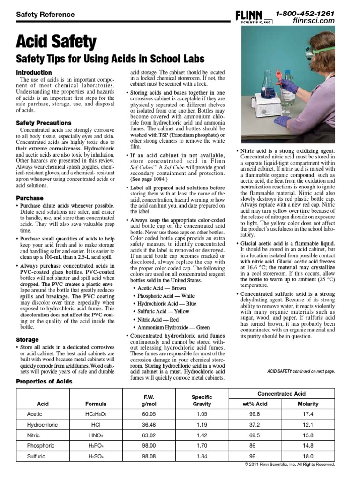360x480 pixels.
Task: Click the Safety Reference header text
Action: (x=45, y=15)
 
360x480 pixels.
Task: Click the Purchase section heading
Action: (x=30, y=198)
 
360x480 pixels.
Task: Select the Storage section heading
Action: (x=27, y=339)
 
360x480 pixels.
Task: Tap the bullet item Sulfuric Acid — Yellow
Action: (x=163, y=311)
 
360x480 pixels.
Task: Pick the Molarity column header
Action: (x=308, y=404)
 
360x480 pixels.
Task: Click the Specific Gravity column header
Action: (x=202, y=400)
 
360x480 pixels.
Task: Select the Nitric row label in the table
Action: (x=35, y=435)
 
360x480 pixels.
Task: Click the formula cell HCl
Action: (x=96, y=425)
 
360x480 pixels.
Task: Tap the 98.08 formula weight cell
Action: (x=149, y=456)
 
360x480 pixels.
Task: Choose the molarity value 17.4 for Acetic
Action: (x=308, y=414)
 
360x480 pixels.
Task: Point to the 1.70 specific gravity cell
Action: (x=202, y=445)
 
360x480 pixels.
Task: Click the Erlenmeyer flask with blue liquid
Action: (x=268, y=86)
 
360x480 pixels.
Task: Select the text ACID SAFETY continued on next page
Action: (x=300, y=371)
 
